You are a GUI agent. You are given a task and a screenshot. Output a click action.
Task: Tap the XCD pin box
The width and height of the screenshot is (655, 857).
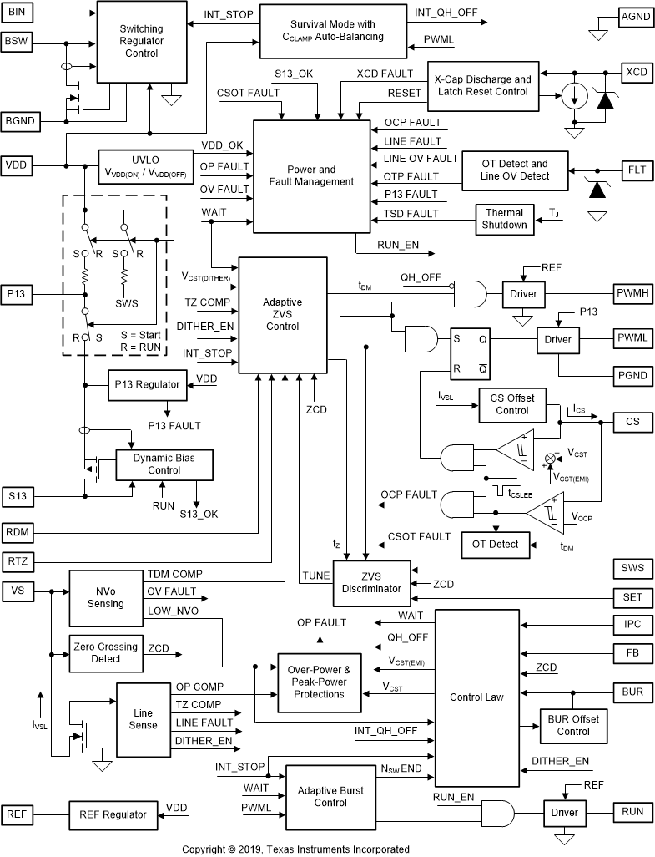coord(636,72)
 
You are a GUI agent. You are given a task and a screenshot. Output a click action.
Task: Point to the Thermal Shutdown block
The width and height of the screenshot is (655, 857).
coord(505,219)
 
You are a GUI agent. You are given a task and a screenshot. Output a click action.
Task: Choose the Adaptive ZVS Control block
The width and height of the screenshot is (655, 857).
coord(282,315)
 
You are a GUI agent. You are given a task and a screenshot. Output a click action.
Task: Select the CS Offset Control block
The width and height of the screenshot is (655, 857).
coord(512,404)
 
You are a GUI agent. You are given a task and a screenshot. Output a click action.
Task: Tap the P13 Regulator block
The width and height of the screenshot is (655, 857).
coord(147,384)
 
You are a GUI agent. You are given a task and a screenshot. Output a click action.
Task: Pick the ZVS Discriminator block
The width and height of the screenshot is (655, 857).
coord(371,582)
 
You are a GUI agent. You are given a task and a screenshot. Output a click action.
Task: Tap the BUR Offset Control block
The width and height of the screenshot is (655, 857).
coord(572,725)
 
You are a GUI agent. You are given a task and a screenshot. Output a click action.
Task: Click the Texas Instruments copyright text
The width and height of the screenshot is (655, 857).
coord(295,849)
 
